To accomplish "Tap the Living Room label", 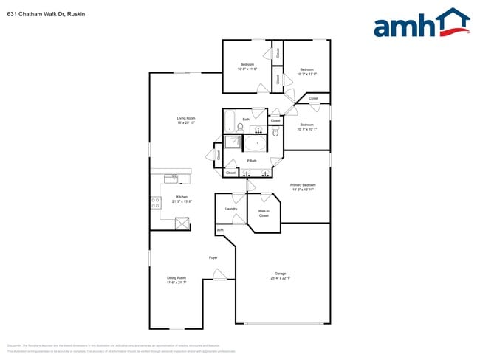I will point(185,118).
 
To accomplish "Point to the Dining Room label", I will point(176,278).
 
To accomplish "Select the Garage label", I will point(281,274).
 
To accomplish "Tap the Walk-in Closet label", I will point(264,213).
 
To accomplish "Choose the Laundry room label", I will point(230,209).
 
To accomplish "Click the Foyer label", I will point(213,257).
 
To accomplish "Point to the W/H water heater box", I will point(219,231).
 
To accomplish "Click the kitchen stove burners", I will point(156,202).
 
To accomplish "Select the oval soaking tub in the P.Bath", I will point(258,144).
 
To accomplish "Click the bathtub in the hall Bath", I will point(230,120).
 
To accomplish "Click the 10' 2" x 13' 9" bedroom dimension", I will point(307,74).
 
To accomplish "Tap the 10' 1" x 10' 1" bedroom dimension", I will point(306,129).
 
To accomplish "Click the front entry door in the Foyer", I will point(219,276).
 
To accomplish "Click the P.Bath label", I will point(252,161).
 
